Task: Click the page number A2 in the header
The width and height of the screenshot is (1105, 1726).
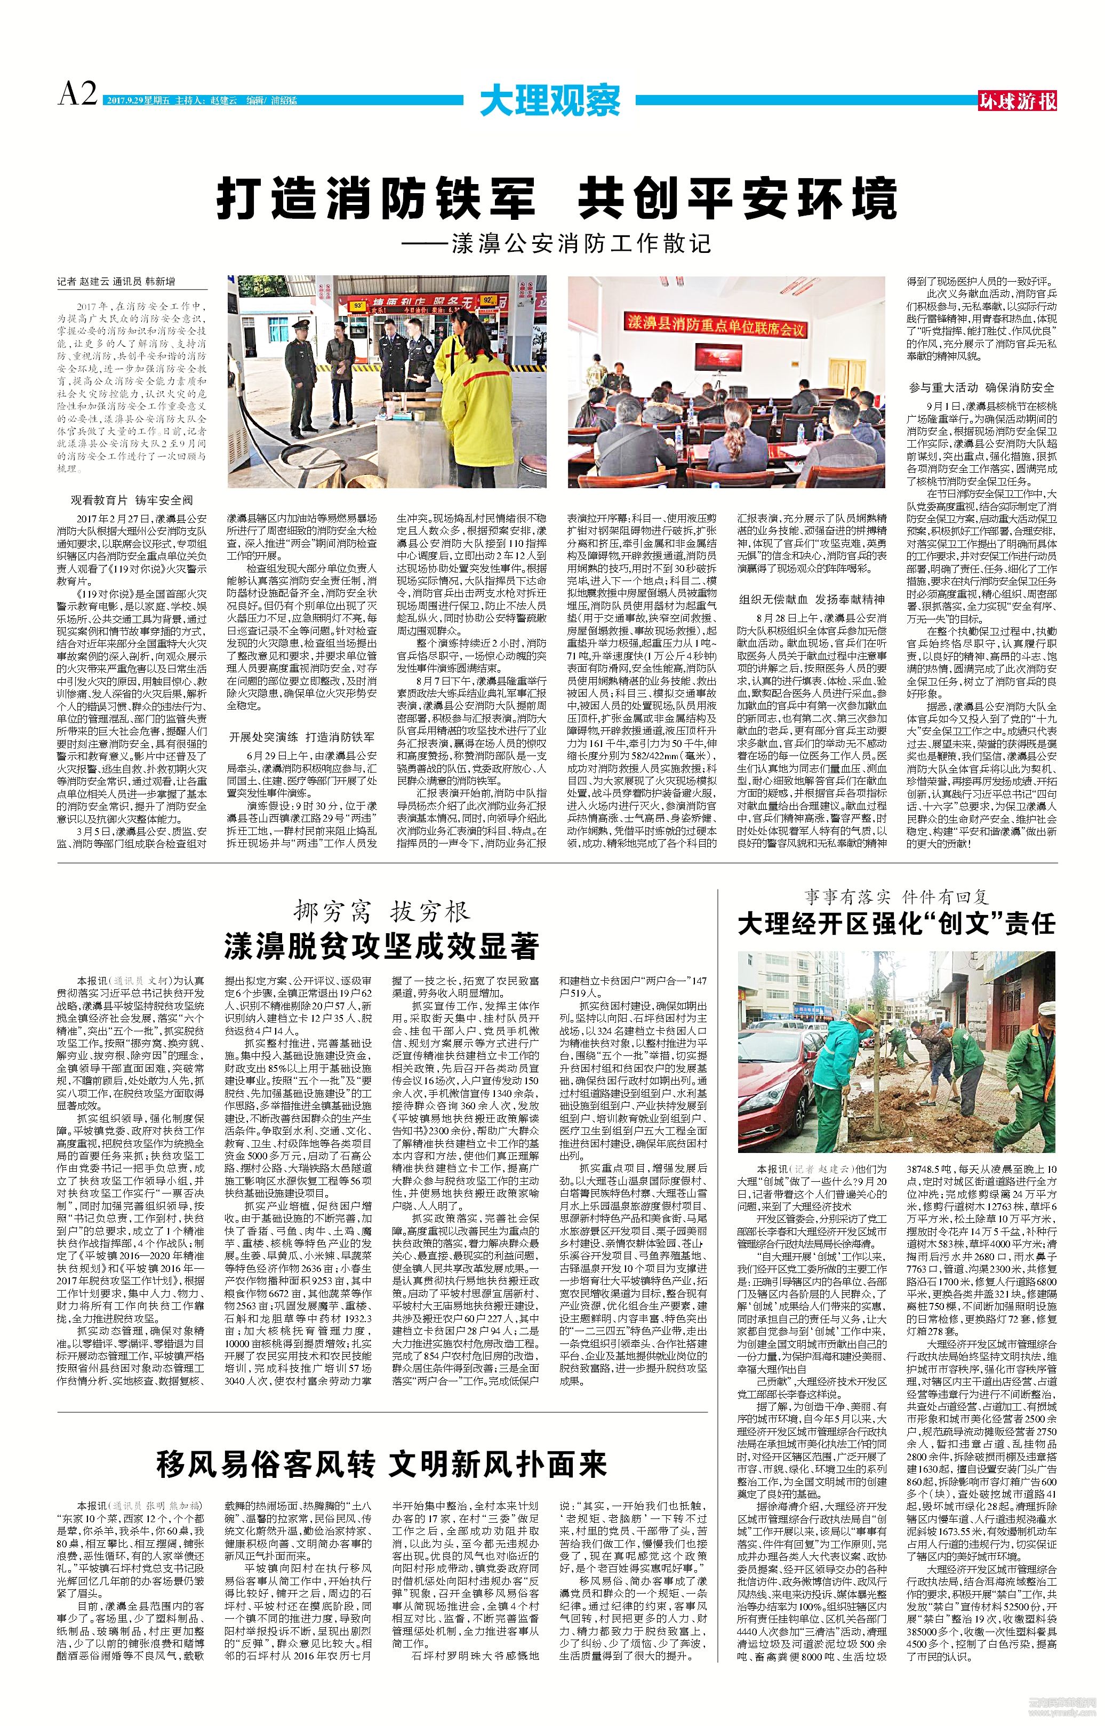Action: point(77,94)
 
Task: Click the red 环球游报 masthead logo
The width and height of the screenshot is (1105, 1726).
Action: point(1018,100)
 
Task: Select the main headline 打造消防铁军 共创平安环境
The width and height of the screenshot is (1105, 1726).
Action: point(556,197)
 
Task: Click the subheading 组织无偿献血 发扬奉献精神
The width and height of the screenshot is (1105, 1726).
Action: point(812,599)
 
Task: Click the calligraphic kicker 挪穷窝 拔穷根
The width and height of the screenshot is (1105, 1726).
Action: point(382,912)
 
